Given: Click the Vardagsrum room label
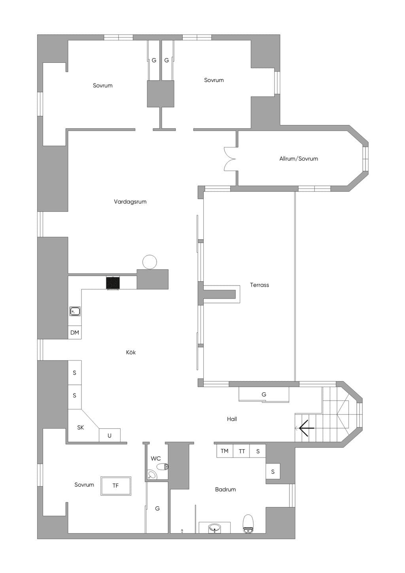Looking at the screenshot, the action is tap(130, 202).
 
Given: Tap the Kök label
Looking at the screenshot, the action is tap(131, 352).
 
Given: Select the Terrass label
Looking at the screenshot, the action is tap(259, 285).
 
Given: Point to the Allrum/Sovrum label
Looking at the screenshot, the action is tap(299, 159).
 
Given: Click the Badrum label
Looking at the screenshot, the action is tap(225, 489).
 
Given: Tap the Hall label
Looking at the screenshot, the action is tap(232, 419).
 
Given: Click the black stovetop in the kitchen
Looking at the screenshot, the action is tap(113, 283).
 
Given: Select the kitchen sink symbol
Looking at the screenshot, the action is tap(75, 311).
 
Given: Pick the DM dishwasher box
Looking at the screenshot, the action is tap(75, 333).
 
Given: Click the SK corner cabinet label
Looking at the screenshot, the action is tap(80, 427).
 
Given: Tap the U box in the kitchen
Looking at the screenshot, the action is tap(110, 435).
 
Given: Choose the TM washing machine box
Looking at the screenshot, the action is tap(225, 451).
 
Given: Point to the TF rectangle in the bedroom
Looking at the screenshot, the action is tap(115, 486).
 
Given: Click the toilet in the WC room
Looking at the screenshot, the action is tap(163, 467).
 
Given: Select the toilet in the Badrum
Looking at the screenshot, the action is tap(248, 524).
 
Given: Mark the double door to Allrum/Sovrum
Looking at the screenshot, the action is tap(230, 159).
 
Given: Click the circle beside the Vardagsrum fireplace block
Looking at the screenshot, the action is tap(150, 262).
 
